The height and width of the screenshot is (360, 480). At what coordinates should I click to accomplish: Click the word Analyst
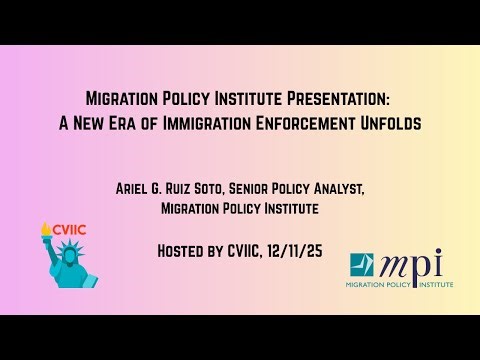point(374,188)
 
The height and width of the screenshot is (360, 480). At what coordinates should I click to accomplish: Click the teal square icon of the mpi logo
point(361,267)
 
